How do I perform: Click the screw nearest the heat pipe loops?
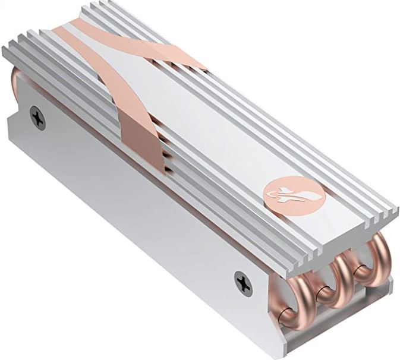click(243, 281)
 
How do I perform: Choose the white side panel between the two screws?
click(137, 196)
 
